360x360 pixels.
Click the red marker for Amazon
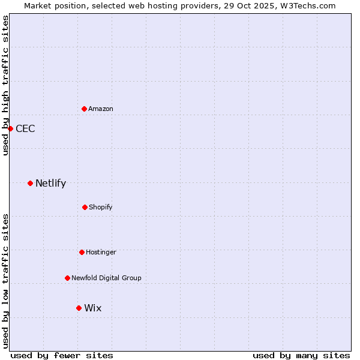84,109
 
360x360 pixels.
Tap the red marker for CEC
10,128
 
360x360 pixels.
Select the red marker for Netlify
30,183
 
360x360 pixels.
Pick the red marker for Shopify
85,207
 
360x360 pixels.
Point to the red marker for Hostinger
82,252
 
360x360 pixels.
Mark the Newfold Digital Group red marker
67,278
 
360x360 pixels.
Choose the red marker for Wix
79,308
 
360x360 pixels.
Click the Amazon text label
101,109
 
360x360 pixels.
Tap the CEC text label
25,128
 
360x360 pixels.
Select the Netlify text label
50,183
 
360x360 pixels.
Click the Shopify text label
101,207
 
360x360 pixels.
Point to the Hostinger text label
101,252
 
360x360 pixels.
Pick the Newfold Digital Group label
106,278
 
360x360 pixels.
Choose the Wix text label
93,308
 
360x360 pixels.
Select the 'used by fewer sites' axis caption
62,355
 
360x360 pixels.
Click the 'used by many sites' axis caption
301,355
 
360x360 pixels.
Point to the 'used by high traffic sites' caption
5,85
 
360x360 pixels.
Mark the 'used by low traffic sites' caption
5,280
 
